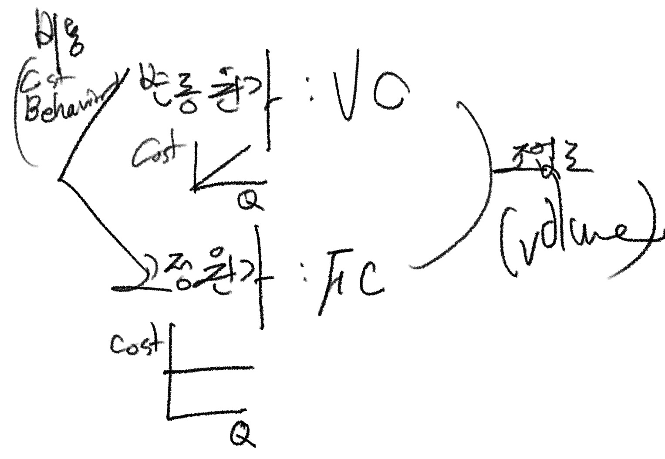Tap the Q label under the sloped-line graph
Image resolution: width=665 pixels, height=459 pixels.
point(250,201)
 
